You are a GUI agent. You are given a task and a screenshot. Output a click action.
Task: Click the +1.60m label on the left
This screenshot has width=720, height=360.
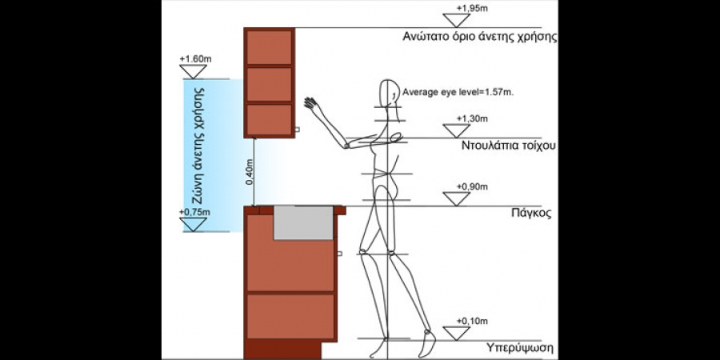coord(196,59)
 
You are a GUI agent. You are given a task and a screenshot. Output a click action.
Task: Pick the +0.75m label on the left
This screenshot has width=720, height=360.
coord(196,212)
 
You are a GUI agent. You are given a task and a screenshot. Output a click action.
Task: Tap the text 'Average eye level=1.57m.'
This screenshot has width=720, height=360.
coord(458,93)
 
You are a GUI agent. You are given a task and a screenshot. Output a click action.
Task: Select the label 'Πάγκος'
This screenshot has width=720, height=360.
coord(531,214)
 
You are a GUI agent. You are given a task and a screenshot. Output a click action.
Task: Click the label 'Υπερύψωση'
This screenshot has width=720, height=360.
coord(520,349)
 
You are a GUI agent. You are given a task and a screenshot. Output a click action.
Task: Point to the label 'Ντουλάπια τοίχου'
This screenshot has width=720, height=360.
coord(508,146)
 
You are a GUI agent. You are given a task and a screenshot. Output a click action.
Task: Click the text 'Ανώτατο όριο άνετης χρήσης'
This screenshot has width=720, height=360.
coord(480,37)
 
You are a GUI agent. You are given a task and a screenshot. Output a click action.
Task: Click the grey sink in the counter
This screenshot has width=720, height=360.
coord(303,222)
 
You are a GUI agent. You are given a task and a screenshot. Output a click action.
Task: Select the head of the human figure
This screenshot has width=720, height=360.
coord(390,91)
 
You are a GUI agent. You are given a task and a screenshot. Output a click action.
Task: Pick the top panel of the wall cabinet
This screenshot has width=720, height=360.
coord(269,46)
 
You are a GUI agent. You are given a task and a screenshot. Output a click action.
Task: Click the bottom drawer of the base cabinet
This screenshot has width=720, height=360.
coord(290,317)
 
